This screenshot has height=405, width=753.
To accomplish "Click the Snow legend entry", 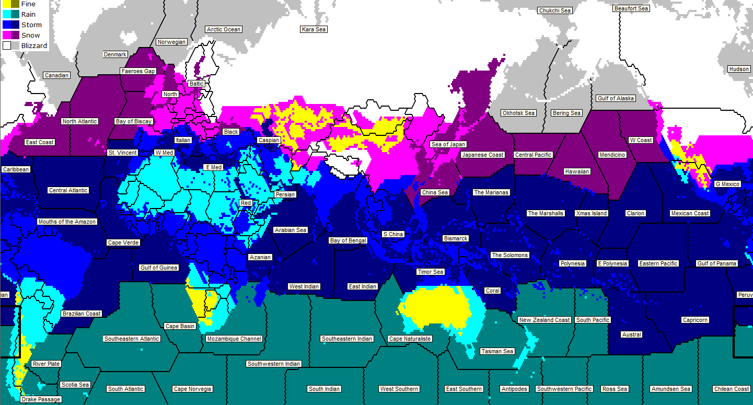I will (x=30, y=36).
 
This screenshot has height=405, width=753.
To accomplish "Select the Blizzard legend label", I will (x=34, y=46).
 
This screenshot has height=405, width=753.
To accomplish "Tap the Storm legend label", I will (x=31, y=25).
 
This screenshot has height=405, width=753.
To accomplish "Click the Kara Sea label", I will (x=314, y=29).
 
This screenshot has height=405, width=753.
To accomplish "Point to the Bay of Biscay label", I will (x=134, y=121).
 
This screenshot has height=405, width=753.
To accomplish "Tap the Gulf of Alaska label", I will (x=616, y=98).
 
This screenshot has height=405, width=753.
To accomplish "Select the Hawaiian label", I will (x=577, y=171).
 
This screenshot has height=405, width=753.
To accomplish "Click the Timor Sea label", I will (x=430, y=272).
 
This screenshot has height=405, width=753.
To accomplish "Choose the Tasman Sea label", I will (x=497, y=351).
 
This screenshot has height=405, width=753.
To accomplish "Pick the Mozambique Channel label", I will (x=234, y=339).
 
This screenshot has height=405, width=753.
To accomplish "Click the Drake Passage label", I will (x=41, y=399).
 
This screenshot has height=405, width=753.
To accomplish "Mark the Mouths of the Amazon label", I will (x=67, y=222).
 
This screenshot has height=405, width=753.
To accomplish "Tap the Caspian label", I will (x=269, y=140).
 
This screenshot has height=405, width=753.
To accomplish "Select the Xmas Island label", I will (x=591, y=213).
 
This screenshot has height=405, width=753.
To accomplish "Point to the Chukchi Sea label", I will (x=554, y=10).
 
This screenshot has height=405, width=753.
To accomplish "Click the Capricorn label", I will (x=695, y=320).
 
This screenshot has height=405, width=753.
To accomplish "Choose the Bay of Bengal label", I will (x=348, y=240).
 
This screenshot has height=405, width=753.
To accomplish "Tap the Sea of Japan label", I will (x=448, y=144).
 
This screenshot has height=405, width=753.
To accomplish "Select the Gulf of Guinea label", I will (x=159, y=268).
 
